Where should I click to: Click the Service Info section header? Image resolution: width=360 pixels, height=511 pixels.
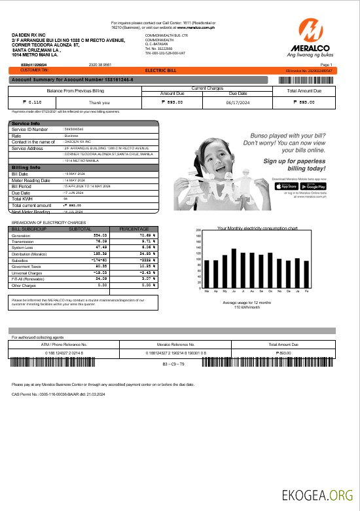click(26, 123)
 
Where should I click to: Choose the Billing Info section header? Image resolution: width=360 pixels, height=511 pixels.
click(26, 167)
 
